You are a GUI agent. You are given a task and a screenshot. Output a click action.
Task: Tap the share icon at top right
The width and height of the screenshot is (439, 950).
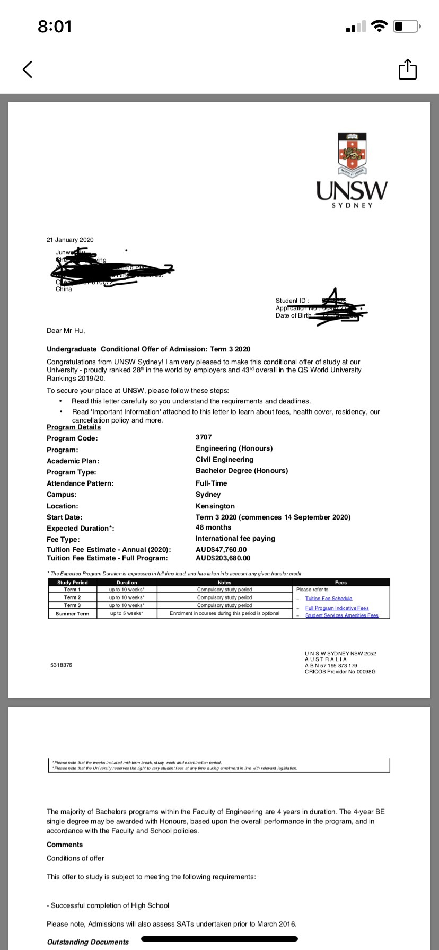click(x=407, y=69)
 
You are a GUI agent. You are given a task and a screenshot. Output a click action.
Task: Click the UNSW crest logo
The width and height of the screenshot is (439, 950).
click(x=352, y=153)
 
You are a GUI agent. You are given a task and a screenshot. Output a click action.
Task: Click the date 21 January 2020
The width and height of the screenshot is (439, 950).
click(x=70, y=240)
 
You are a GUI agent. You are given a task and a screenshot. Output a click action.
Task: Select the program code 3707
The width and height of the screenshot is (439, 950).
click(x=204, y=437)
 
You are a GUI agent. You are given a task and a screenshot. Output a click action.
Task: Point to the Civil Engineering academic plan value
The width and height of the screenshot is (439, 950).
click(x=224, y=460)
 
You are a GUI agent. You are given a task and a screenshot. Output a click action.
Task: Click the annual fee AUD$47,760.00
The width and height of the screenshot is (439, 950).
click(x=221, y=550)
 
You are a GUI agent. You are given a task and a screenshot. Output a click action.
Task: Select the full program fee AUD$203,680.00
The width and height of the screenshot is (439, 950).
click(x=223, y=558)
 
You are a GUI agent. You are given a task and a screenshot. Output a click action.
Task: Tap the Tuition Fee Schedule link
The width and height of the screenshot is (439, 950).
click(x=329, y=599)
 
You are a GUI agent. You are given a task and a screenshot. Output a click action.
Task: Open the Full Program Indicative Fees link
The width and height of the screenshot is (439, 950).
click(x=337, y=608)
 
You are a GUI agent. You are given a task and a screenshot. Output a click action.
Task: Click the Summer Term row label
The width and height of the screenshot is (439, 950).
click(x=72, y=614)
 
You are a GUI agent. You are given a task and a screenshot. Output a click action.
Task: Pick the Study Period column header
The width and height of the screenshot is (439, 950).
click(x=72, y=583)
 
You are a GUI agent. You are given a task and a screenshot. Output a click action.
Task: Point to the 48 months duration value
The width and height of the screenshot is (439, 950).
click(x=213, y=527)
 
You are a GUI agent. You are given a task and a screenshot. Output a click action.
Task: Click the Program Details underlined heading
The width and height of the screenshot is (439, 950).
click(x=74, y=427)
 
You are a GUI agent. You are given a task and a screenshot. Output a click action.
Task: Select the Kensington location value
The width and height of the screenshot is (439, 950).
click(x=215, y=506)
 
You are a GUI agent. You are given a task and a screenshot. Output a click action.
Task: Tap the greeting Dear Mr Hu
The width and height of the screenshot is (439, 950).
click(x=66, y=331)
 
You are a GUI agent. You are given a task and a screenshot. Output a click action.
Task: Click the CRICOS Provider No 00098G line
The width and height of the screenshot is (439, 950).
click(x=340, y=672)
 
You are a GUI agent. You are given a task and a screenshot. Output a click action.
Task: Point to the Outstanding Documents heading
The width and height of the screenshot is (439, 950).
click(x=88, y=942)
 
